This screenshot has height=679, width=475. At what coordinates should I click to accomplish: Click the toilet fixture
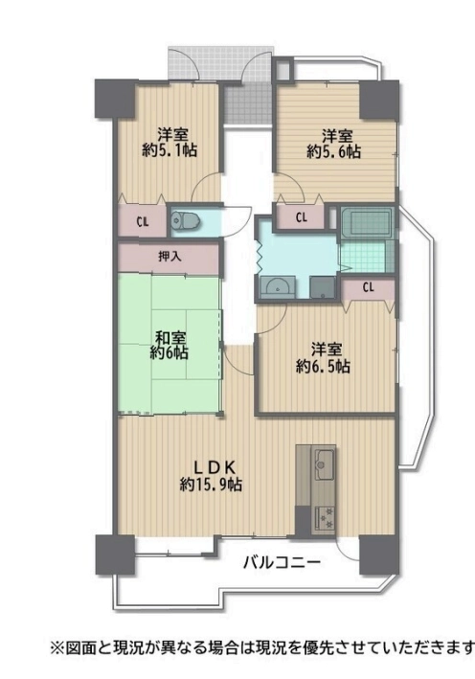185,222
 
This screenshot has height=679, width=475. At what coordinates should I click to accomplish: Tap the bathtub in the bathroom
367,222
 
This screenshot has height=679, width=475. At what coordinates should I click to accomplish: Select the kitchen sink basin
325,464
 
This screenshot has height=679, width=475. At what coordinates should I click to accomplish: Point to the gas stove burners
325,517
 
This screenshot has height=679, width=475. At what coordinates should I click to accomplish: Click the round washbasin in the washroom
277,287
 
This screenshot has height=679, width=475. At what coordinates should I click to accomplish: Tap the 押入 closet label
170,257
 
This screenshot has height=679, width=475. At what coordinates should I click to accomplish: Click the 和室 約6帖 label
170,345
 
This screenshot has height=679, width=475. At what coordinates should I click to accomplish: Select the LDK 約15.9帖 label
211,476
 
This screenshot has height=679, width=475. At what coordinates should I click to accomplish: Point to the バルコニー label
282,563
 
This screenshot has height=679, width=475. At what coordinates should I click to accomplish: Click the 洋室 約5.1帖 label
170,142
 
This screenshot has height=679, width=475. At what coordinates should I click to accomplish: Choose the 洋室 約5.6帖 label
334,144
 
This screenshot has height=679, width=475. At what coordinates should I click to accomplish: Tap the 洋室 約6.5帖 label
323,358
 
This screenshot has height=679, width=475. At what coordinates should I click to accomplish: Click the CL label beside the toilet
143,222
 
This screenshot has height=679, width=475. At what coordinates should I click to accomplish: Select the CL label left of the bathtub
302,217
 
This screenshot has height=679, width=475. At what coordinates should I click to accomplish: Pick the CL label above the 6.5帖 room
369,287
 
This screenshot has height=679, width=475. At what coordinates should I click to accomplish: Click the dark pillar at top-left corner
114,99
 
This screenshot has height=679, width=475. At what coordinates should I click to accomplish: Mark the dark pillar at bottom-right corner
379,555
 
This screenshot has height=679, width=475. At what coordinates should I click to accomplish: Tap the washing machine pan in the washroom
322,287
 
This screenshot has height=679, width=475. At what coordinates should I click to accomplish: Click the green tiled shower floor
363,257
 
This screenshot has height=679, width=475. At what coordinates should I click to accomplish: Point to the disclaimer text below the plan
262,648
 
